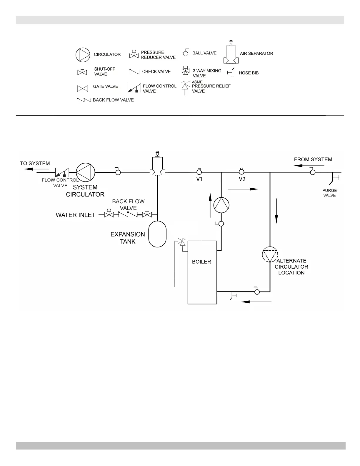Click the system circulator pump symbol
coord(86,172)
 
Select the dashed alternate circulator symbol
coord(270,254)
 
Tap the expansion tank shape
coord(157,234)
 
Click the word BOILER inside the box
coord(201,262)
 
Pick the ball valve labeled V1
coord(199,172)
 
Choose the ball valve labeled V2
coord(241,172)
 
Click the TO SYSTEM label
coord(35,163)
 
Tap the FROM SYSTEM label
coord(313,159)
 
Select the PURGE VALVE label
coord(329,193)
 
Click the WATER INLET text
coord(76,215)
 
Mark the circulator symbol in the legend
coord(83,55)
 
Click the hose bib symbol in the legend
coord(231,72)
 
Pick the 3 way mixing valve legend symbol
coord(185,71)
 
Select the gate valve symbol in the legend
coord(82,88)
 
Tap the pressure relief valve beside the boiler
coord(182,242)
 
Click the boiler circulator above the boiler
coord(221,205)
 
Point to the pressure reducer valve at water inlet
coord(109,214)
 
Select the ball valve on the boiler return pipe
coord(257,292)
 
